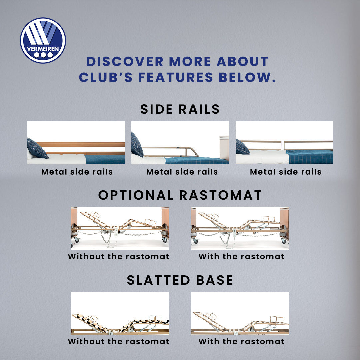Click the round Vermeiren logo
[43, 40]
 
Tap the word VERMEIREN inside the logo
[43, 49]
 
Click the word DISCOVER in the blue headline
[125, 62]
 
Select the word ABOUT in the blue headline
[242, 62]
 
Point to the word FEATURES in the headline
[176, 77]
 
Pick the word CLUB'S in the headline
[106, 77]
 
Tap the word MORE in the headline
[190, 62]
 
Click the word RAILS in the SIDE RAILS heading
[199, 109]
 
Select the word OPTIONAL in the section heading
[136, 195]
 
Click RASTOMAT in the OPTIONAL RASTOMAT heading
[220, 195]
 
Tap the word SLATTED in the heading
[158, 280]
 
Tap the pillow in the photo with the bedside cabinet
[137, 145]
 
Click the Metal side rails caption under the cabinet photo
[182, 172]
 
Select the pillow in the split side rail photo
[242, 147]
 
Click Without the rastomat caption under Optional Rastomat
[118, 256]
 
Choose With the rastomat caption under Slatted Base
[241, 341]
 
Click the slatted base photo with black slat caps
[120, 313]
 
